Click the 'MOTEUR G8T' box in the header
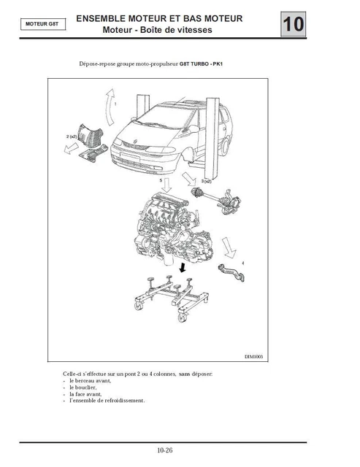[x=43, y=23]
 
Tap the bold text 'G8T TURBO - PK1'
[x=204, y=64]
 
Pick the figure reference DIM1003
[x=252, y=357]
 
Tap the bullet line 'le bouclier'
[x=85, y=387]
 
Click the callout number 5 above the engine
[x=160, y=178]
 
